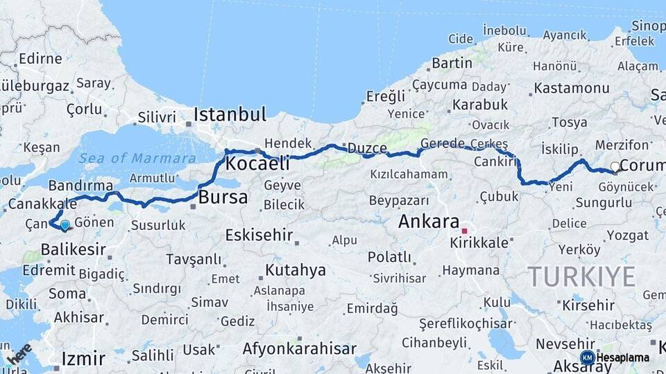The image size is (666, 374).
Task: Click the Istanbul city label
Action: point(230,114)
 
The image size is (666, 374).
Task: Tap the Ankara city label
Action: point(429,222)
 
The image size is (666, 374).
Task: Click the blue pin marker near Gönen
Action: point(65,224)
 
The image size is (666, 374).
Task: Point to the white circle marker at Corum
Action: point(615,166)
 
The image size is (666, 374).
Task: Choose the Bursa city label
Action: point(223,197)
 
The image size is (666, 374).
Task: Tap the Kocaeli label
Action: point(257,164)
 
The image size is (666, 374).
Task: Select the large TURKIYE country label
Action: point(581,276)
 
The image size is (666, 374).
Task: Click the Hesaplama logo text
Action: point(622,357)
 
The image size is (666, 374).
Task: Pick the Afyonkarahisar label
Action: point(299,348)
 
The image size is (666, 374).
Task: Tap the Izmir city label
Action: point(83,359)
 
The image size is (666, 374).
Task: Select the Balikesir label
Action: point(73,249)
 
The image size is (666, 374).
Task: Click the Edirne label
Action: point(40,58)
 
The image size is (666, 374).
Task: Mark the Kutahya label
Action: point(296,270)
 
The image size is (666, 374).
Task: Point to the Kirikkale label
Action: point(479,243)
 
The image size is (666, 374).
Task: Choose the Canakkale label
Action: point(42,204)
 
